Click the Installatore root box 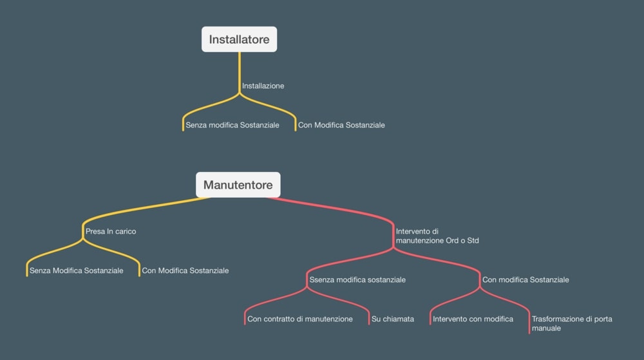(239, 39)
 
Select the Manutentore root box (238, 185)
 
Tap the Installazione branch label (263, 86)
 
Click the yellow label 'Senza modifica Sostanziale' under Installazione (232, 125)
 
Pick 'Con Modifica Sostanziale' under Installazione (341, 125)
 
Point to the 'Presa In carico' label (111, 231)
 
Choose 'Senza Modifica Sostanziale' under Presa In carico (76, 270)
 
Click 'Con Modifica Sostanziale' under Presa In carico (185, 270)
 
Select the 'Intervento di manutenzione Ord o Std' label (437, 236)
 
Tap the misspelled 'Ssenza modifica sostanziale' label (357, 279)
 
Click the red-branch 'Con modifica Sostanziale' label (526, 279)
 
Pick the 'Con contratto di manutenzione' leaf (300, 319)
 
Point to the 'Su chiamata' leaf (393, 319)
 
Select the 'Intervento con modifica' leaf (473, 319)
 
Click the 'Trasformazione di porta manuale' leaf (572, 323)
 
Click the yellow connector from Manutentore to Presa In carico (148, 207)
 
